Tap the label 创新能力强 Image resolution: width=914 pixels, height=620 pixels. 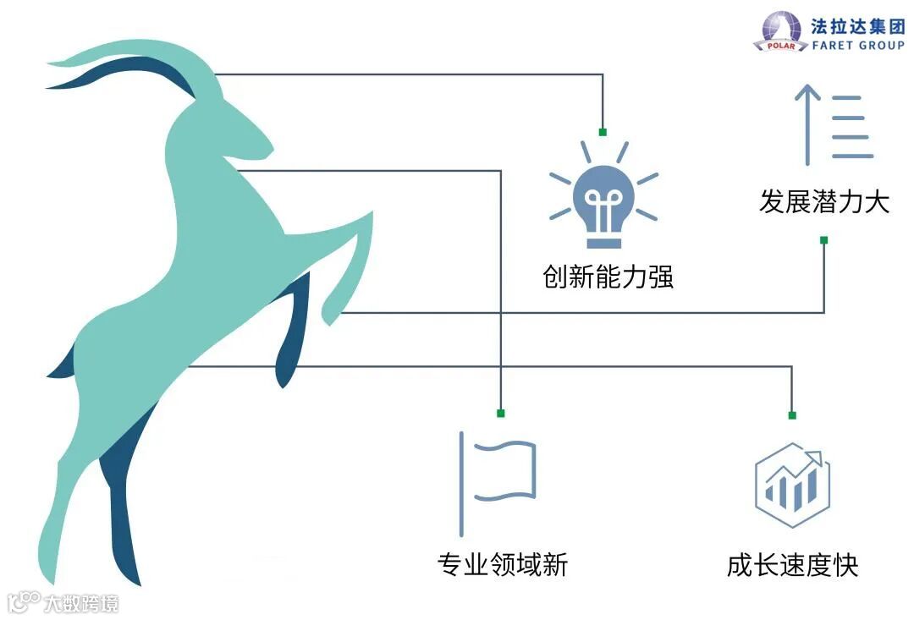(608, 277)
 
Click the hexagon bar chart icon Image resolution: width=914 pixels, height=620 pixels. (792, 485)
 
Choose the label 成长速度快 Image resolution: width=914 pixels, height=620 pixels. (792, 565)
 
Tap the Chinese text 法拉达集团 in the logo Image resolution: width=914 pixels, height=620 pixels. (856, 25)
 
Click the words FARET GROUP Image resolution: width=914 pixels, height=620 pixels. (856, 45)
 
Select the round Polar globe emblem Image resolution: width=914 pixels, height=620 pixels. (782, 31)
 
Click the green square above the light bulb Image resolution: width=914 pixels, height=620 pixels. (603, 132)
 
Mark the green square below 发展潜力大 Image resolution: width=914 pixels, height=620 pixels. (823, 240)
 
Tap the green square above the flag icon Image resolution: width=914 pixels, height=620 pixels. (501, 413)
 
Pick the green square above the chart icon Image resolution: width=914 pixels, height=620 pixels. (792, 414)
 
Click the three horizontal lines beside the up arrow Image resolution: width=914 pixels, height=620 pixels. (851, 127)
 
